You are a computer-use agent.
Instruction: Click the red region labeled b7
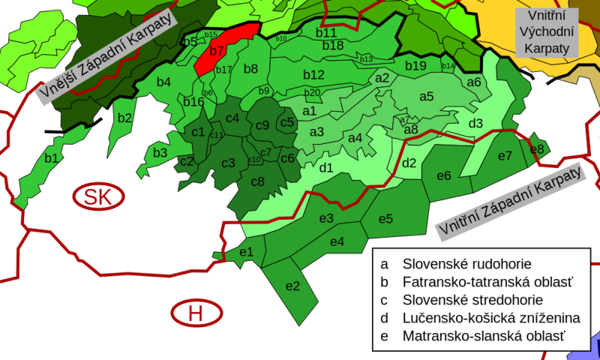(x=217, y=51)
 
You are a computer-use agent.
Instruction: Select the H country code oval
(x=196, y=313)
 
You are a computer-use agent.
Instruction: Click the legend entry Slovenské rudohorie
(x=466, y=264)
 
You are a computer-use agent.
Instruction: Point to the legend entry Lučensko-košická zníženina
(x=491, y=318)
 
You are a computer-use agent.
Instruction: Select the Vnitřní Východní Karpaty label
(x=544, y=31)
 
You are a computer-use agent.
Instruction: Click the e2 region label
(x=292, y=286)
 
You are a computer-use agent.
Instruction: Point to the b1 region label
(x=51, y=158)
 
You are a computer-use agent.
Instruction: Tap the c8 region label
(x=257, y=181)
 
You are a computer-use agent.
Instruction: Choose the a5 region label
(x=427, y=96)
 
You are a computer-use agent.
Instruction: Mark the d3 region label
(x=475, y=123)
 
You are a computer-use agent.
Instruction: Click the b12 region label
(x=313, y=75)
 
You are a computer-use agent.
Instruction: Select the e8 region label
(x=537, y=149)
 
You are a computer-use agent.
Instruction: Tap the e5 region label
(x=385, y=219)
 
